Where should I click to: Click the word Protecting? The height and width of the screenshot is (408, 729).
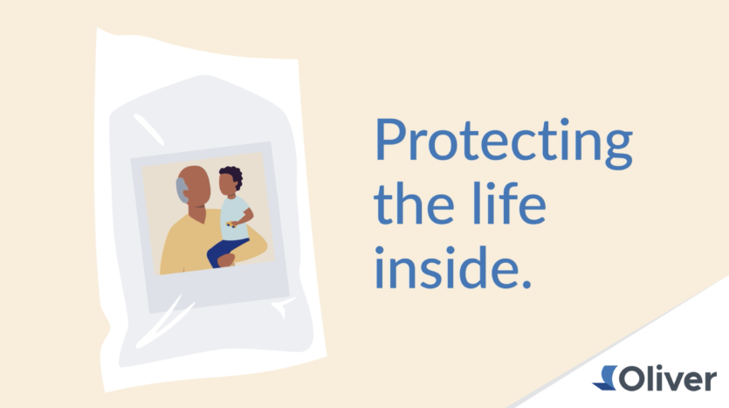tap(504, 142)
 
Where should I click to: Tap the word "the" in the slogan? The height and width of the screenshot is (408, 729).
tap(414, 204)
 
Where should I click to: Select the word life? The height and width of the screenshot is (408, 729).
tap(509, 203)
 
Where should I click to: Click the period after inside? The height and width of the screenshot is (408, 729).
tap(526, 283)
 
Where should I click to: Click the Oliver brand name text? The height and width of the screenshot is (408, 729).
tap(668, 378)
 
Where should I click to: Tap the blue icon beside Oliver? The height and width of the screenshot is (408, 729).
tap(604, 377)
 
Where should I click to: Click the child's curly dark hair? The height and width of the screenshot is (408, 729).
tap(232, 176)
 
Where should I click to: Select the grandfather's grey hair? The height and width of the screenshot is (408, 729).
tap(182, 190)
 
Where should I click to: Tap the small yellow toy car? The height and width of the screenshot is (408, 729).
tap(230, 225)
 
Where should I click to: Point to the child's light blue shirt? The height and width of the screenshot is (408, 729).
tap(234, 218)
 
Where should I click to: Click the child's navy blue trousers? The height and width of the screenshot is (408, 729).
tap(225, 252)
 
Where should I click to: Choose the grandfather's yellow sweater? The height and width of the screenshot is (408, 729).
tap(204, 245)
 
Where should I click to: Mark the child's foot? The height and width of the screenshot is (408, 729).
tap(226, 260)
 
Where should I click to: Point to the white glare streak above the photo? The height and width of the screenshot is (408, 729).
tap(148, 129)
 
